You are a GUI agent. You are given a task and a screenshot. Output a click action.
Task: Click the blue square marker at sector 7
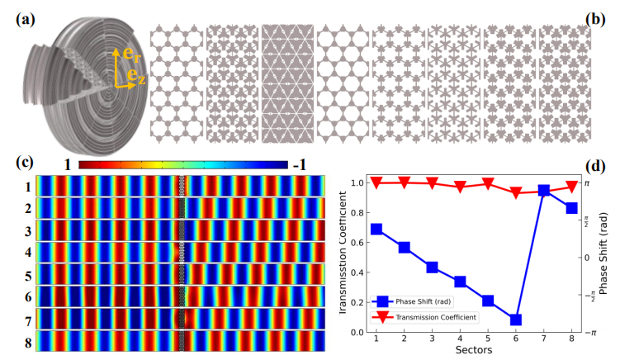tap(544, 190)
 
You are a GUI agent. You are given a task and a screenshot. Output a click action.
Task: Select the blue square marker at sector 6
tap(516, 320)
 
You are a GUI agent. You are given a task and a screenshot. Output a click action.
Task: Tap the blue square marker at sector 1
tap(376, 229)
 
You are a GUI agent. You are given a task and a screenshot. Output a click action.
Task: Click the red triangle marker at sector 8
tap(571, 187)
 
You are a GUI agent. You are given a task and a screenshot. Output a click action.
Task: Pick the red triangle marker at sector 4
tap(460, 187)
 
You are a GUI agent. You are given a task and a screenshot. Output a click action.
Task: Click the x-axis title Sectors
tap(474, 352)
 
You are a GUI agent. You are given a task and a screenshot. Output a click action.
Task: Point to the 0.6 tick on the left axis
tap(357, 242)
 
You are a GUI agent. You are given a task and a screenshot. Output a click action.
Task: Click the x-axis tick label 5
tap(488, 339)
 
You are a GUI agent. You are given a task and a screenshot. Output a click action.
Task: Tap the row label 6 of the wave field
tap(27, 296)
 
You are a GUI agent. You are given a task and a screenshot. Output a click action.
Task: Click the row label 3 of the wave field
tap(27, 230)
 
